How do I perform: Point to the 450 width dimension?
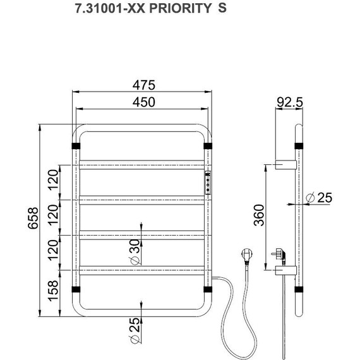point(143,102)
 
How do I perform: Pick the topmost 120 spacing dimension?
point(55,184)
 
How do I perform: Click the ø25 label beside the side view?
point(318,197)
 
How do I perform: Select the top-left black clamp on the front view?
point(76,147)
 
